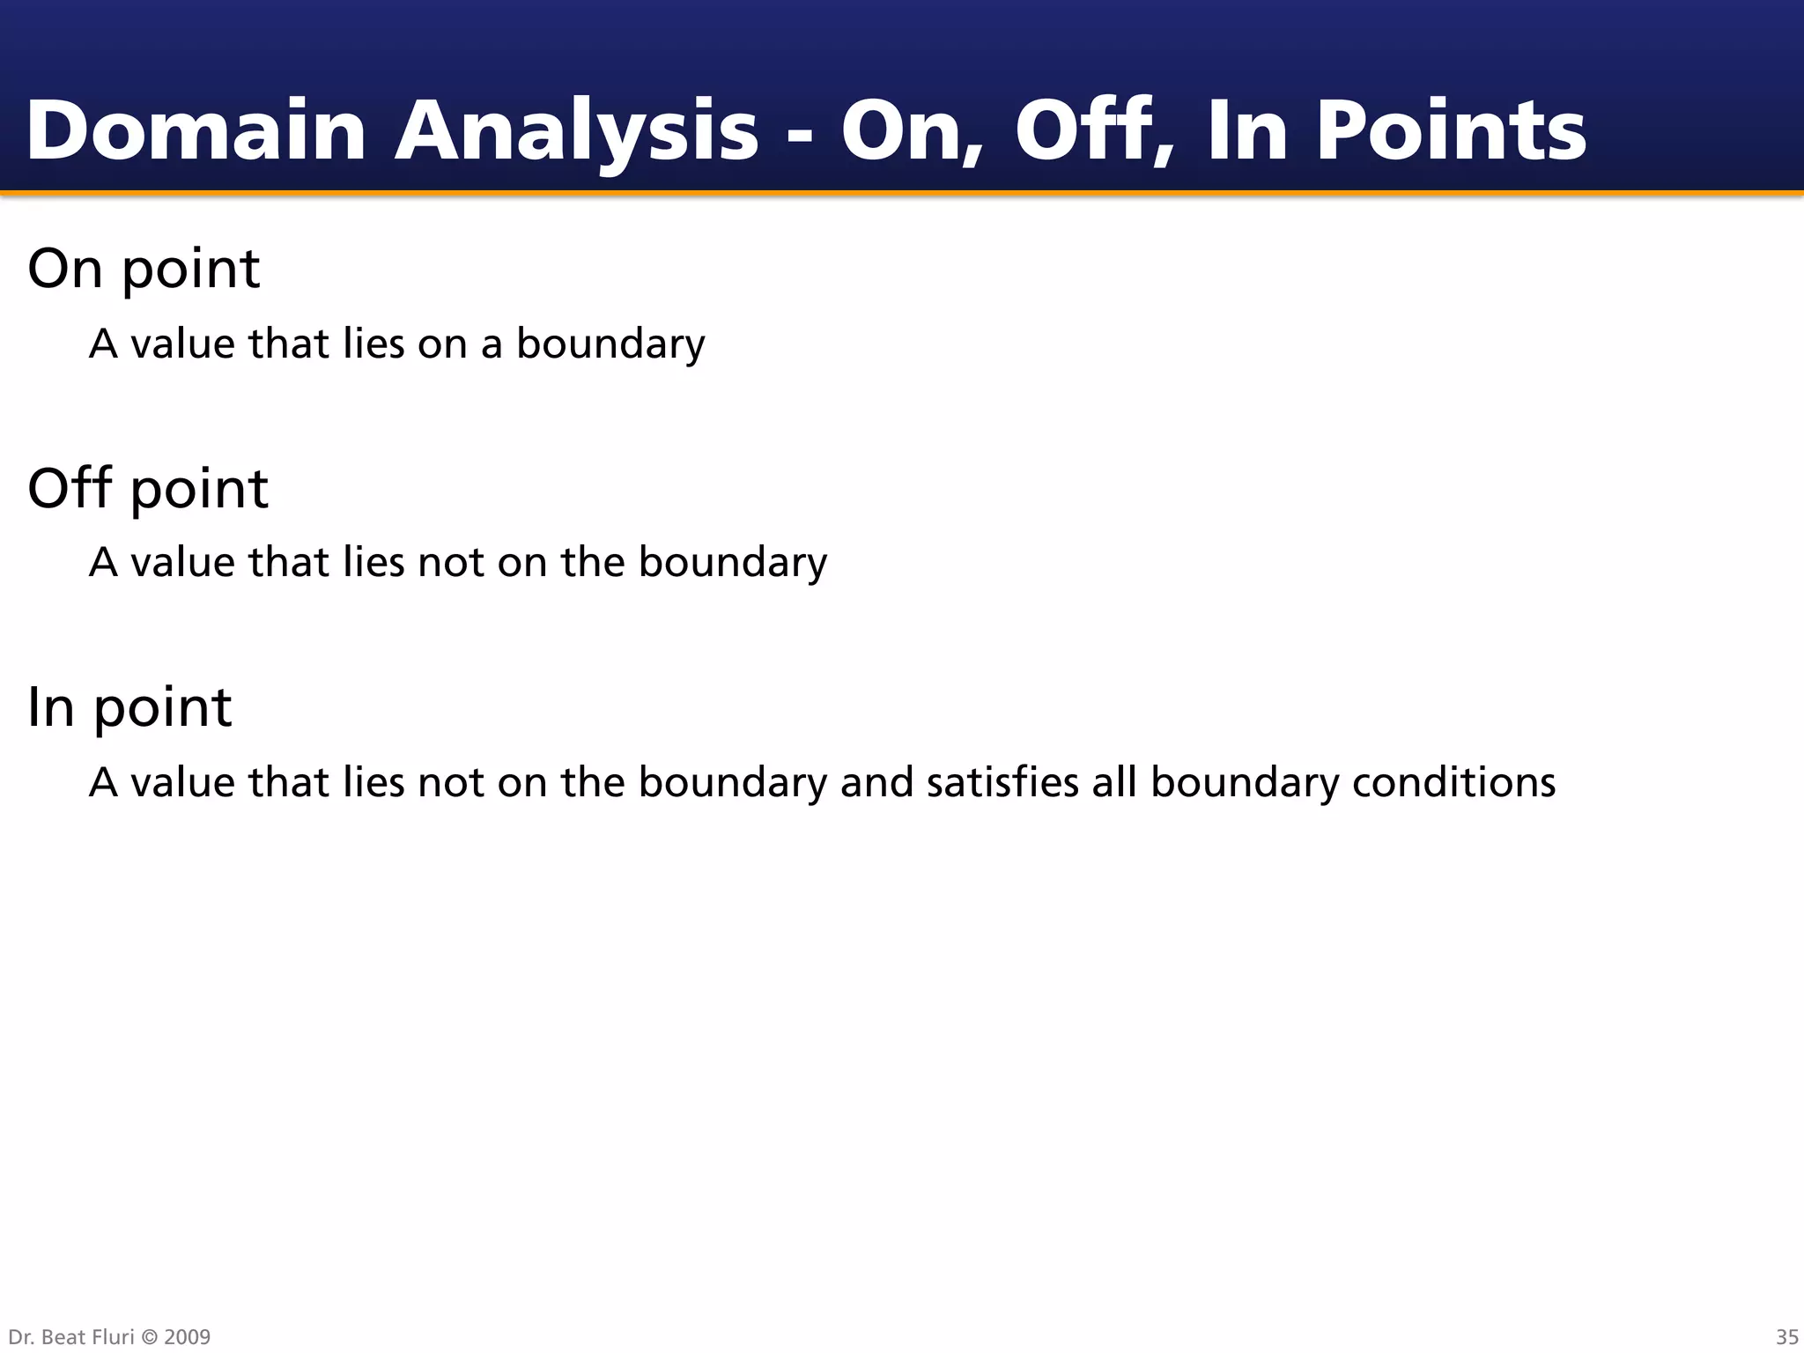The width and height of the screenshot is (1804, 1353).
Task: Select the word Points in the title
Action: click(x=1450, y=131)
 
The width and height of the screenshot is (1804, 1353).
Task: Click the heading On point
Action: click(x=144, y=269)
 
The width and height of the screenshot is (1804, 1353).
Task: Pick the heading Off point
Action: click(x=147, y=489)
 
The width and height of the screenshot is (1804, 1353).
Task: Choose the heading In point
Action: click(x=129, y=707)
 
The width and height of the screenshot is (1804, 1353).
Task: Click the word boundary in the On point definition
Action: click(x=610, y=344)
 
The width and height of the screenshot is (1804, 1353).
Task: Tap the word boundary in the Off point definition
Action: click(x=733, y=563)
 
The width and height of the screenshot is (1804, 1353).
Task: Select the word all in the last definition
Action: click(x=1114, y=782)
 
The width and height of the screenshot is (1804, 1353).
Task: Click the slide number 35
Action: click(x=1786, y=1337)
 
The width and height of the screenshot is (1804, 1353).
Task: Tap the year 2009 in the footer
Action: click(x=188, y=1337)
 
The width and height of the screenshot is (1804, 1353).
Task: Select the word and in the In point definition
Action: click(x=876, y=782)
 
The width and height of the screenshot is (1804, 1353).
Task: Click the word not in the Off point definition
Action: click(x=452, y=563)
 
